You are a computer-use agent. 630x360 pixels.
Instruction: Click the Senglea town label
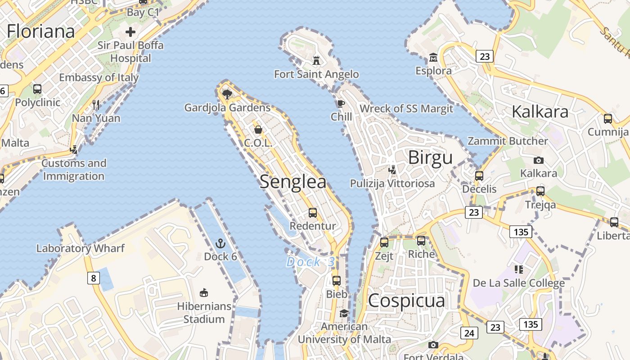point(293,181)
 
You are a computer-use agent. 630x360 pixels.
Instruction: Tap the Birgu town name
point(430,158)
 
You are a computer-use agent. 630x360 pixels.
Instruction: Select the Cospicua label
point(406,301)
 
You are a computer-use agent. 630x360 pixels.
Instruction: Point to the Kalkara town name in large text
point(540,112)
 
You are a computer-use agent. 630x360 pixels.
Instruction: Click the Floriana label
point(40,31)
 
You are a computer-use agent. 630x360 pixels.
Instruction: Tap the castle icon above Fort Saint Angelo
point(317,60)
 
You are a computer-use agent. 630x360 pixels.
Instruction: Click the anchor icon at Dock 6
point(220,244)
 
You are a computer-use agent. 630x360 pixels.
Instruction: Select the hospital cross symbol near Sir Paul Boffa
point(130,32)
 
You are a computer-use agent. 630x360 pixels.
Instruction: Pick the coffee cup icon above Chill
point(341,104)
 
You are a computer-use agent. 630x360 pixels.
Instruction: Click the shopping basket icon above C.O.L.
point(258,130)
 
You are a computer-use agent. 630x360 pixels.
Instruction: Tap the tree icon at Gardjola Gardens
point(227,94)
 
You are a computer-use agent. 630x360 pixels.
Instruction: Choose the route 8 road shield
point(93,278)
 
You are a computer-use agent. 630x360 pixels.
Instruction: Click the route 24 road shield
point(469,333)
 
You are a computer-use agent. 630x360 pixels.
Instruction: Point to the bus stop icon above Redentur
point(313,213)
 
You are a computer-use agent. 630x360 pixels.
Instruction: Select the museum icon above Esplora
point(433,58)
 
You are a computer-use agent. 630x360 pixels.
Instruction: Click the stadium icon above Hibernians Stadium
point(204,293)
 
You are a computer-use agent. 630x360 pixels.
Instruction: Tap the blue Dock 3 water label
point(310,262)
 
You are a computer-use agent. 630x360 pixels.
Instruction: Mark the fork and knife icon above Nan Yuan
point(96,105)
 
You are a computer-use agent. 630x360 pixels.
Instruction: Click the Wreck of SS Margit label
point(406,108)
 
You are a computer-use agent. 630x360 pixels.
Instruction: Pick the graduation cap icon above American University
point(344,313)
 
